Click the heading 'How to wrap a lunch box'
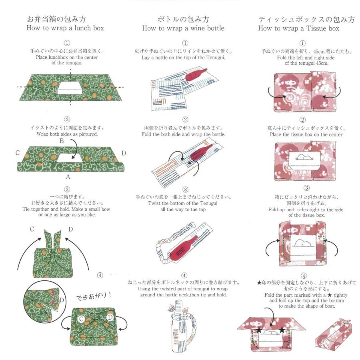[x=65, y=28]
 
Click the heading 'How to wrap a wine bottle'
[x=183, y=28]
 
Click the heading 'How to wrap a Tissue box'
[x=298, y=28]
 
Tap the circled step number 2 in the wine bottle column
[x=185, y=120]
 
